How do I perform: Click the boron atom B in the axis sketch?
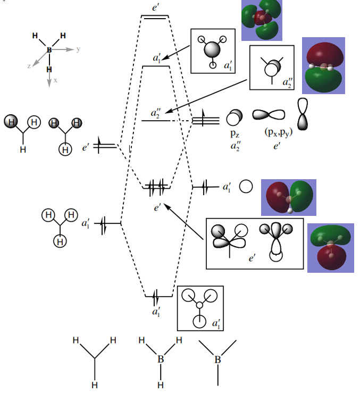49,50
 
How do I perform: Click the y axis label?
78,49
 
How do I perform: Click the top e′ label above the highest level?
154,7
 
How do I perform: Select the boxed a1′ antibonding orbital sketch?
213,51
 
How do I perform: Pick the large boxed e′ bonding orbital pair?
254,242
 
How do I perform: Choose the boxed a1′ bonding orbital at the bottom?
200,308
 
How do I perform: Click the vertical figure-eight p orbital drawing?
303,113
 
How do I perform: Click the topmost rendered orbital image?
262,20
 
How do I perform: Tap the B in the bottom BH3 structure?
160,360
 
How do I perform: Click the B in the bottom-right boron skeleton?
217,360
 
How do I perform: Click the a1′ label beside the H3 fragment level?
86,224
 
